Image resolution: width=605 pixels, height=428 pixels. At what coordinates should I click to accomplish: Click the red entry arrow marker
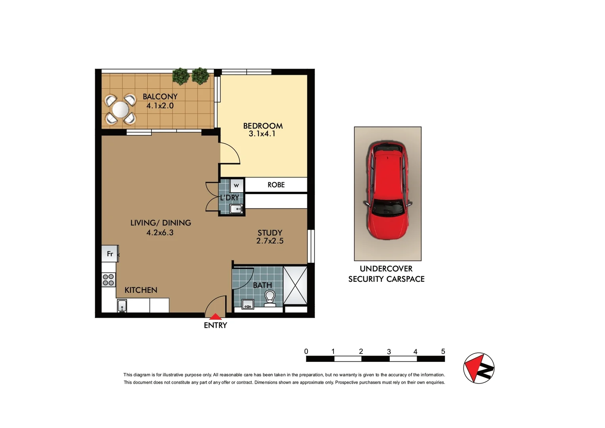pyautogui.click(x=215, y=317)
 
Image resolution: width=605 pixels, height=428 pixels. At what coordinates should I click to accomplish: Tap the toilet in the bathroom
pyautogui.click(x=270, y=298)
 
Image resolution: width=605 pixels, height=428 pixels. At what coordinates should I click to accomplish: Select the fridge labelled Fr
pyautogui.click(x=110, y=254)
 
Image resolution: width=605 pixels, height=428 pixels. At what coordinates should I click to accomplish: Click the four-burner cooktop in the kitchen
pyautogui.click(x=109, y=280)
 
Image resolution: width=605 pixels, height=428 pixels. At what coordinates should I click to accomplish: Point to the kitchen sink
pyautogui.click(x=122, y=306)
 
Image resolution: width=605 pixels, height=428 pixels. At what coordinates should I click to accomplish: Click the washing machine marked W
pyautogui.click(x=236, y=185)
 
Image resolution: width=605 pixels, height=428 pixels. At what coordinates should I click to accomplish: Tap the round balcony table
pyautogui.click(x=120, y=109)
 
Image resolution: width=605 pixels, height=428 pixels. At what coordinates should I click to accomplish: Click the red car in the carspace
pyautogui.click(x=387, y=190)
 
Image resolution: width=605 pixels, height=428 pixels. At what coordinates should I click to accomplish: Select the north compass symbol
pyautogui.click(x=479, y=368)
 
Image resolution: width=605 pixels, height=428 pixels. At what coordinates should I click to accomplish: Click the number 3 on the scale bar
pyautogui.click(x=389, y=352)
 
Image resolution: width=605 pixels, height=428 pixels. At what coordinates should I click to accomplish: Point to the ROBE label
pyautogui.click(x=276, y=185)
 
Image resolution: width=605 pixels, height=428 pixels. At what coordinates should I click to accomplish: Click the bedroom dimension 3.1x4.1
pyautogui.click(x=262, y=134)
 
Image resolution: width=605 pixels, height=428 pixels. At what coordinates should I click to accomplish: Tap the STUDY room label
pyautogui.click(x=270, y=233)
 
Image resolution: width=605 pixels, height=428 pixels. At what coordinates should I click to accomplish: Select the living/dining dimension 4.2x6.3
pyautogui.click(x=160, y=233)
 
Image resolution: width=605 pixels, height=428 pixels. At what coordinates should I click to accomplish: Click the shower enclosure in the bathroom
pyautogui.click(x=295, y=285)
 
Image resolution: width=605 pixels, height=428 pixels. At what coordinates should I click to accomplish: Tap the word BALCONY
pyautogui.click(x=160, y=96)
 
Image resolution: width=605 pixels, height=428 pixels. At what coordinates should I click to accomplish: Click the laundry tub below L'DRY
pyautogui.click(x=236, y=209)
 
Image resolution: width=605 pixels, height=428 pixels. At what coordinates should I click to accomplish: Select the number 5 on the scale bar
pyautogui.click(x=443, y=352)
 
